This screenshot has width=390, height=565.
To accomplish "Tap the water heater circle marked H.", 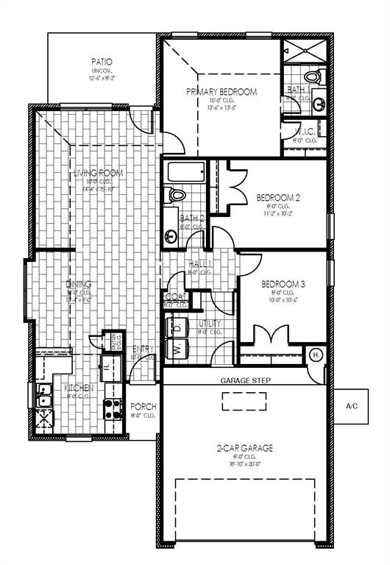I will pyautogui.click(x=316, y=355).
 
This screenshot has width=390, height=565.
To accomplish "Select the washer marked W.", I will pyautogui.click(x=177, y=349).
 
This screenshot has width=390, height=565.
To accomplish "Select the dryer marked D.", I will pyautogui.click(x=177, y=327).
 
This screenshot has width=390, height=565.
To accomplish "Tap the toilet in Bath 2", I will pyautogui.click(x=177, y=195).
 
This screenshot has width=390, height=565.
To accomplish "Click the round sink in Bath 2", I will pyautogui.click(x=171, y=236).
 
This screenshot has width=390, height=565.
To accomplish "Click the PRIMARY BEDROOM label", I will pyautogui.click(x=221, y=92).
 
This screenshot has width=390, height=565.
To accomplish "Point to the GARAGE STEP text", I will pyautogui.click(x=245, y=380).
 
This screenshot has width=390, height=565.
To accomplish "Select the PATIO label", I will pyautogui.click(x=102, y=62).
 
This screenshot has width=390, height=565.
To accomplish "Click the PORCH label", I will pyautogui.click(x=143, y=406).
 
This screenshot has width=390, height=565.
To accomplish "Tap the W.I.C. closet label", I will pyautogui.click(x=304, y=132).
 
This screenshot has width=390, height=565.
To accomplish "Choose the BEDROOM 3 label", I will pyautogui.click(x=283, y=284).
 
